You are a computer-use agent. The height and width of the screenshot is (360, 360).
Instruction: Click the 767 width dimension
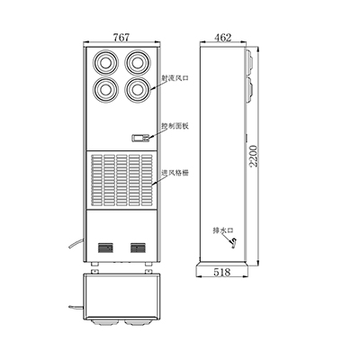[x=121, y=37]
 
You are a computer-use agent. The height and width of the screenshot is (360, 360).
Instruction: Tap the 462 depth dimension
[x=223, y=38]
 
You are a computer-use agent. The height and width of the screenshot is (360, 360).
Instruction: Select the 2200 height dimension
[x=254, y=156]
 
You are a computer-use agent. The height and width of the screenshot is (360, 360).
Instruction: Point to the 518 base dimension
[x=222, y=272]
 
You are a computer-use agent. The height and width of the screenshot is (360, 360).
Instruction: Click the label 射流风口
[x=175, y=78]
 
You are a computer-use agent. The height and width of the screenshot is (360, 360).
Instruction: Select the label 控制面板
[x=175, y=126]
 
